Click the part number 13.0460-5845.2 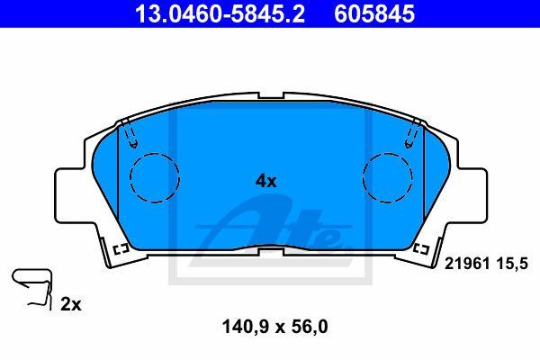coord(220,13)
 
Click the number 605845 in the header coord(374,13)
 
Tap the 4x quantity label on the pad coord(265,181)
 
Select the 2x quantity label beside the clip coord(71,304)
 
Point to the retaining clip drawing coord(31,289)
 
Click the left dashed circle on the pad coord(155,178)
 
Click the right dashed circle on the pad coord(387,178)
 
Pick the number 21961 coord(467,265)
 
